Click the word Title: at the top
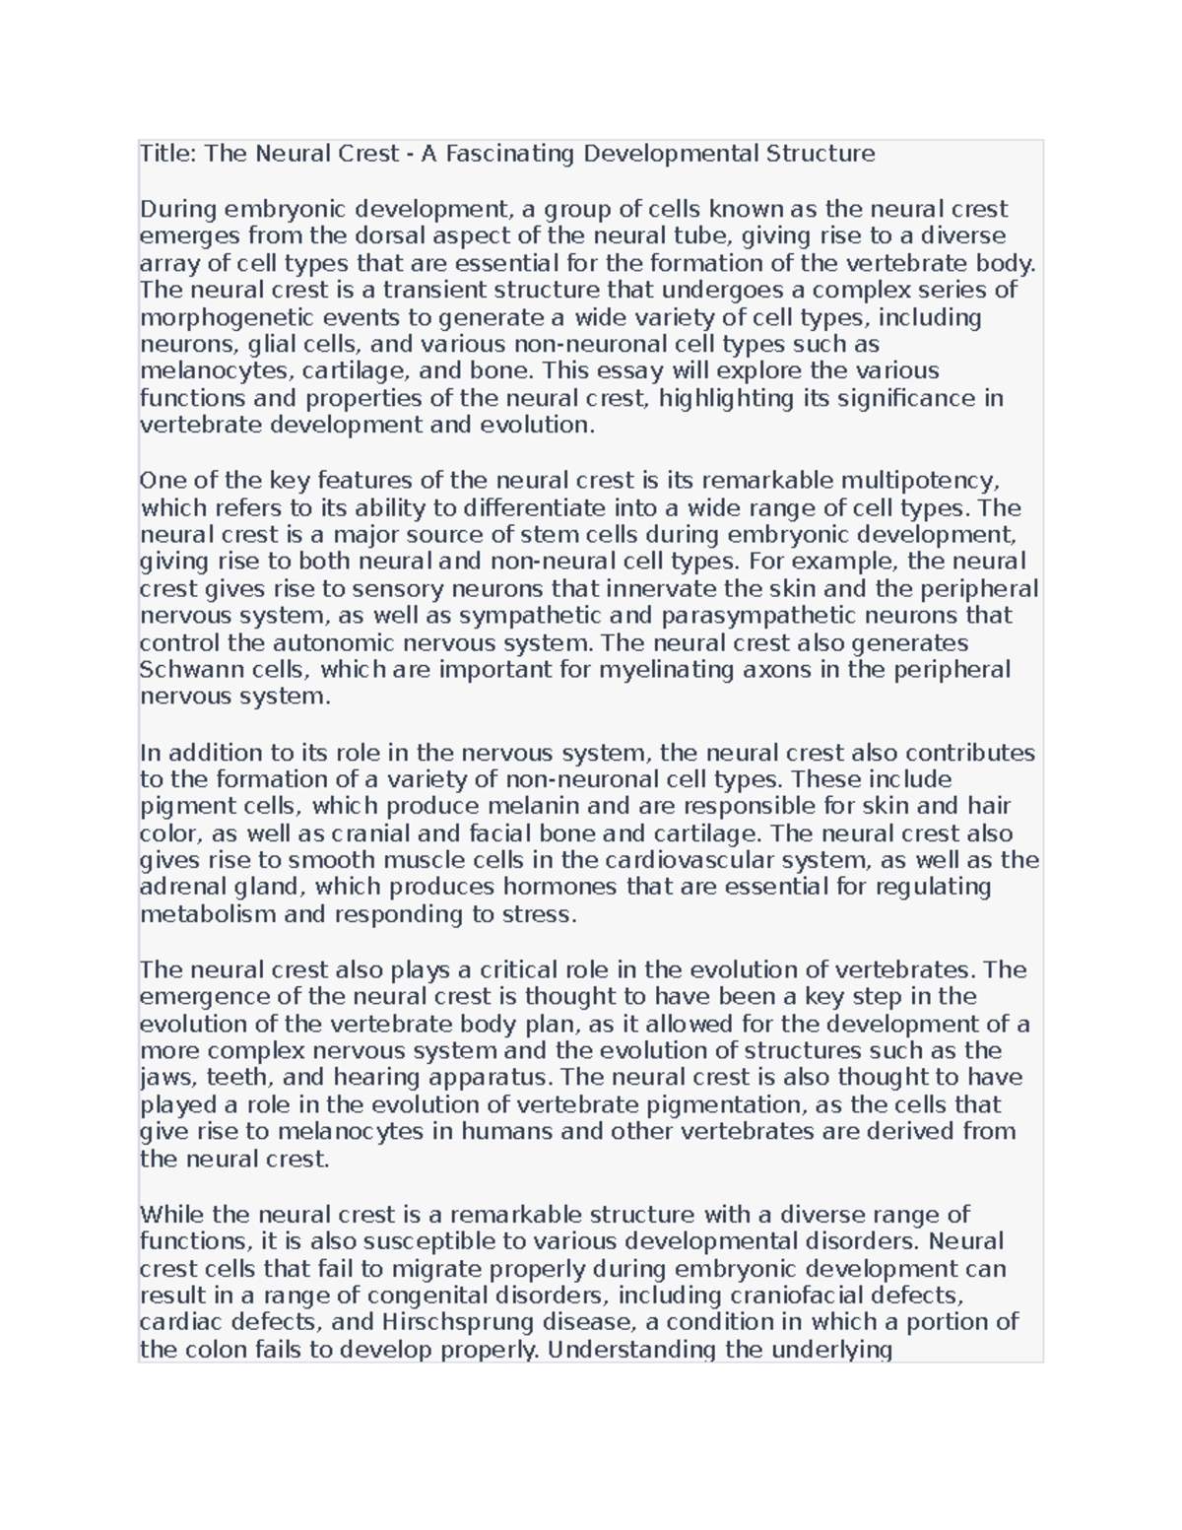[x=168, y=154]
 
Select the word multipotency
[x=920, y=481]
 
